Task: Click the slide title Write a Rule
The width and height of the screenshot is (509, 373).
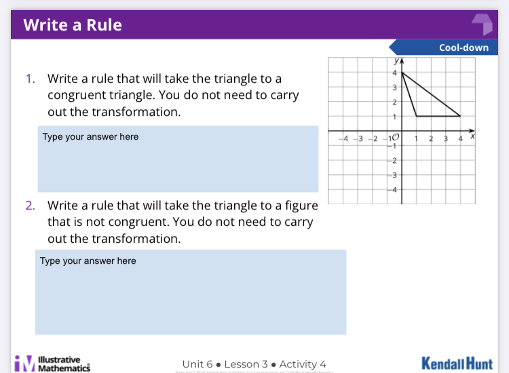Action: pyautogui.click(x=73, y=25)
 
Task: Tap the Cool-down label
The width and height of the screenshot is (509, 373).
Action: pyautogui.click(x=464, y=47)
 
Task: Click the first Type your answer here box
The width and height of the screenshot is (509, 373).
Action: pyautogui.click(x=178, y=159)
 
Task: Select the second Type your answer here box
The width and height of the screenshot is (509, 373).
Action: pyautogui.click(x=191, y=292)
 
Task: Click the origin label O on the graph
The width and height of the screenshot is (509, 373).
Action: pyautogui.click(x=396, y=138)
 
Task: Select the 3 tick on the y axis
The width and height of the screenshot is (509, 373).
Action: pyautogui.click(x=394, y=87)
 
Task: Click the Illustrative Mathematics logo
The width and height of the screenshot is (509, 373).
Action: pyautogui.click(x=52, y=364)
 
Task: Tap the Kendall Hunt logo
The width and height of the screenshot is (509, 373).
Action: pyautogui.click(x=457, y=363)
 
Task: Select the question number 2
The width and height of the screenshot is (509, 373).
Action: pyautogui.click(x=30, y=205)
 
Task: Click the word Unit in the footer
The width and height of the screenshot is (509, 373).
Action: pyautogui.click(x=193, y=364)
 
